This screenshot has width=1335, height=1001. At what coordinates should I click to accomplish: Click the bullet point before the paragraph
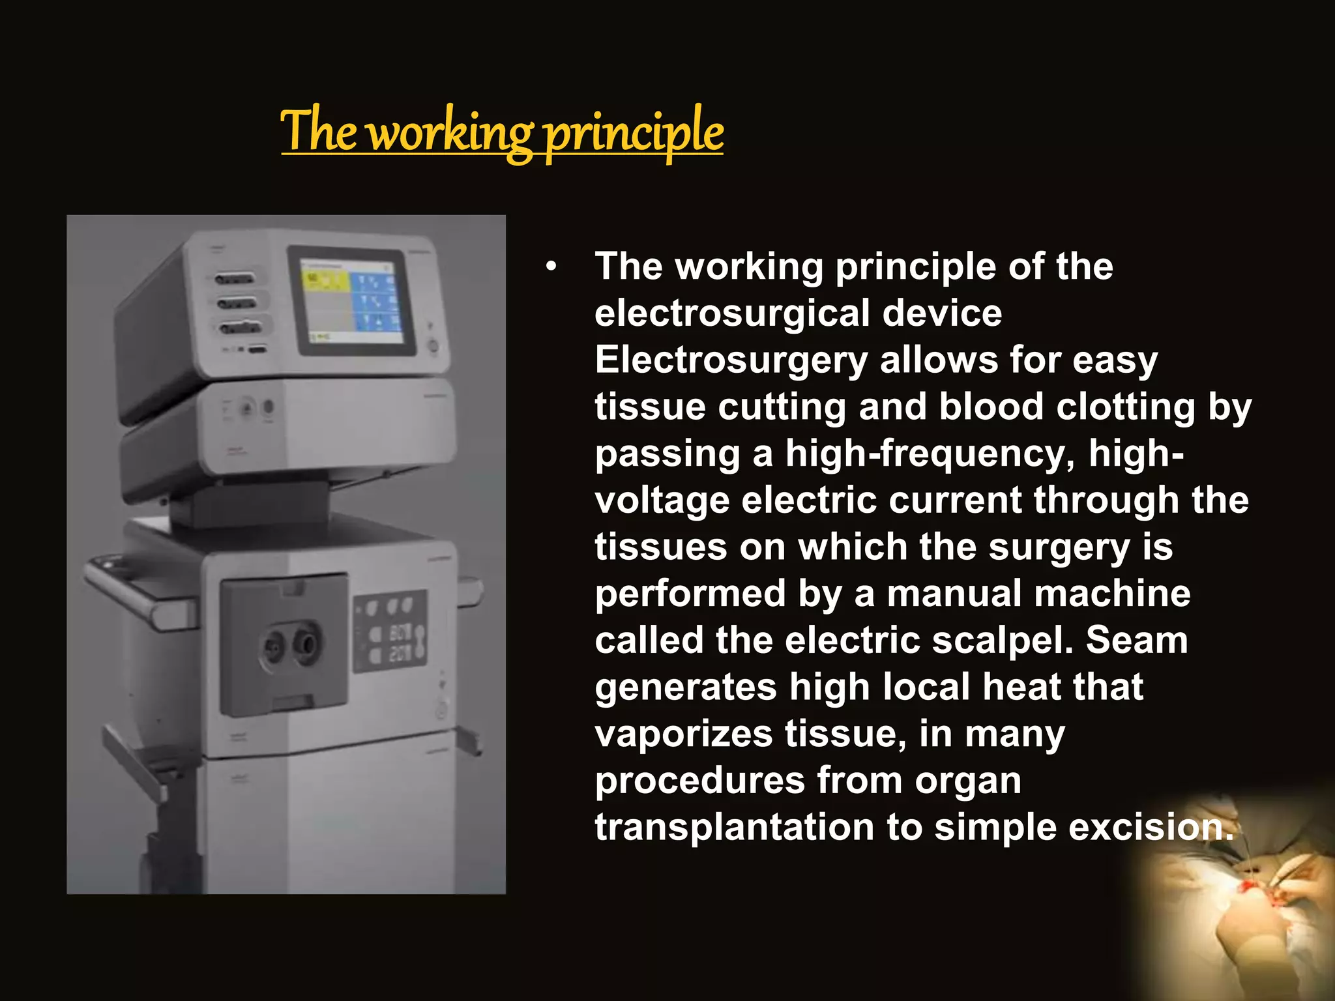click(x=552, y=267)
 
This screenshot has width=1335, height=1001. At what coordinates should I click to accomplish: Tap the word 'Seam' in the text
click(x=1137, y=641)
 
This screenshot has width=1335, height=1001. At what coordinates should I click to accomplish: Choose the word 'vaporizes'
click(x=684, y=734)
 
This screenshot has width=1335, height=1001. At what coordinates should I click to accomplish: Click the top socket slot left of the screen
click(x=234, y=280)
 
